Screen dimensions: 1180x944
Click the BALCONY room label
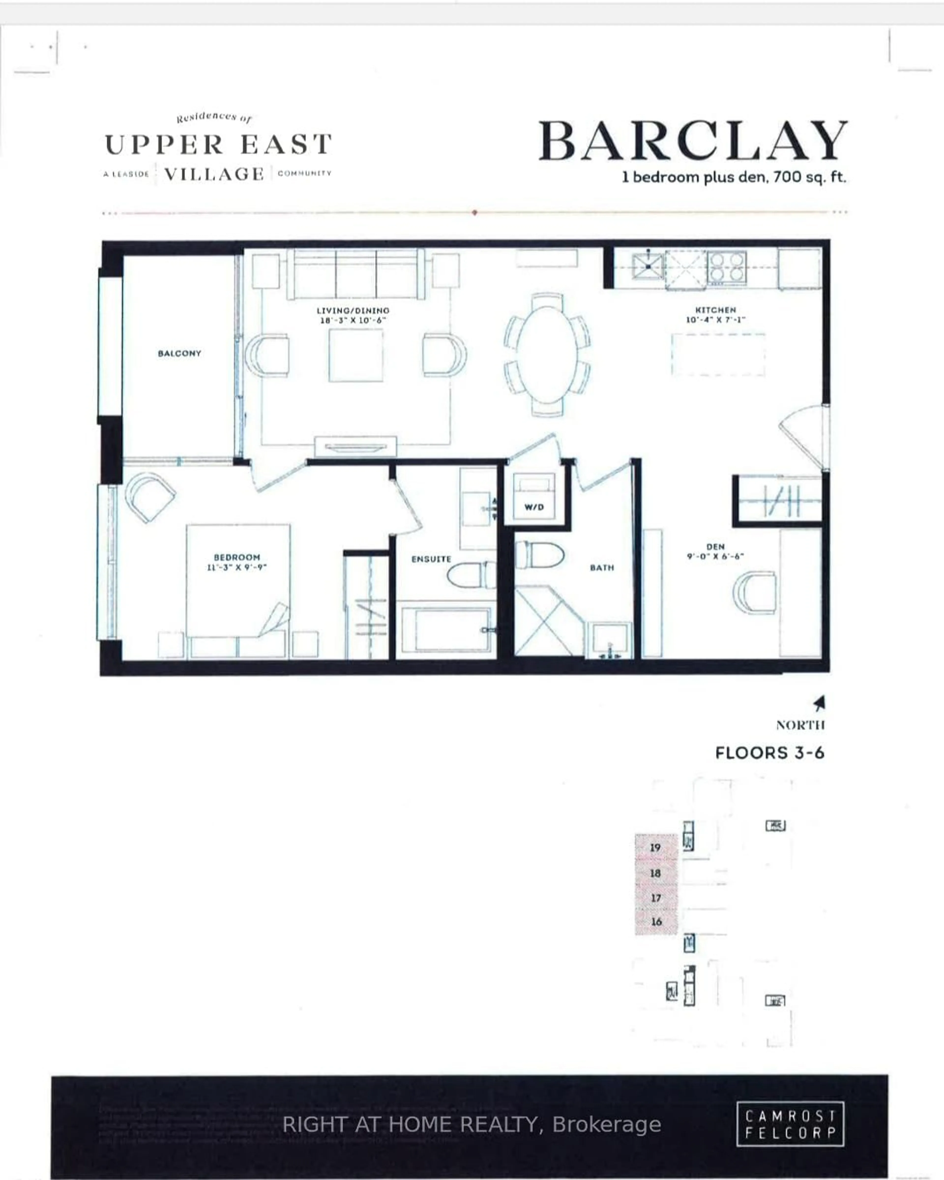click(179, 354)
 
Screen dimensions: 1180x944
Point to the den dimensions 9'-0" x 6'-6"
click(715, 556)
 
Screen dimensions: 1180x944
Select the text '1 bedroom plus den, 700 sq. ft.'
click(734, 177)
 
